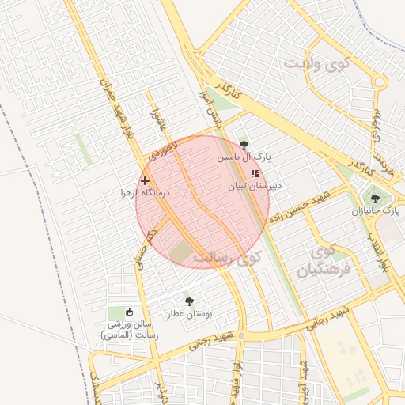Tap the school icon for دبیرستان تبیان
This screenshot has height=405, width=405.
coord(254,173)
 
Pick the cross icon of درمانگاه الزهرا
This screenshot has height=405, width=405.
coord(145,181)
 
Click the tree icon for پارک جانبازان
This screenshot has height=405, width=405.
coord(374,198)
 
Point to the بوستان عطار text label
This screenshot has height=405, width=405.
coord(189,314)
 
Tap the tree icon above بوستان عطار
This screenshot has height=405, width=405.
coord(188,301)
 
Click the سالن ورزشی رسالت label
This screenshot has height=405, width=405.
coord(129,330)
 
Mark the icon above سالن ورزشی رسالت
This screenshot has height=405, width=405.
coord(129,312)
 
